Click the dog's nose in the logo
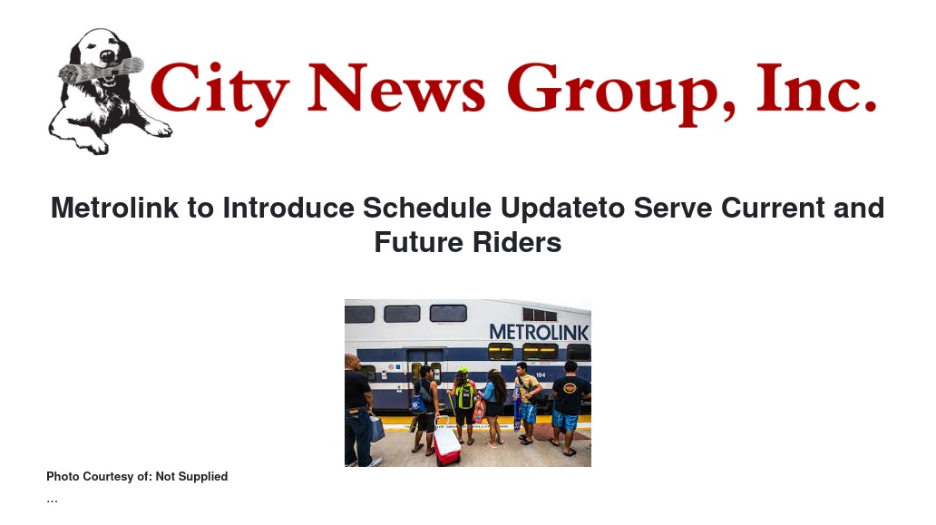click(x=107, y=56)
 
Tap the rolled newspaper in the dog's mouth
click(x=101, y=71)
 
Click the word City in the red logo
click(x=219, y=92)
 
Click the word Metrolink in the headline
click(x=114, y=209)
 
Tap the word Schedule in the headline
click(x=427, y=209)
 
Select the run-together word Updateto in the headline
click(x=563, y=209)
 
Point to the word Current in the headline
click(x=773, y=209)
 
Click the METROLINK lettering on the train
click(x=539, y=332)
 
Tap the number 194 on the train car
click(x=541, y=375)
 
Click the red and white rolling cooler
click(x=446, y=442)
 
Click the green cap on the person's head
click(x=463, y=370)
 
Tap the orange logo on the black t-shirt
click(x=570, y=388)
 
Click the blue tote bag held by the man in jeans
click(x=376, y=428)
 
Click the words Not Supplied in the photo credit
click(x=191, y=477)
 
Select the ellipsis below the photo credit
click(x=52, y=501)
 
